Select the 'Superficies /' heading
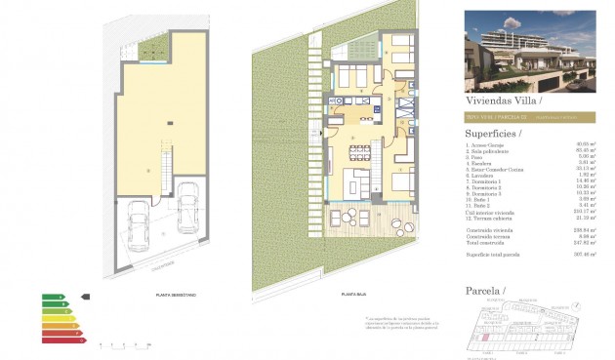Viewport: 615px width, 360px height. tap(494, 133)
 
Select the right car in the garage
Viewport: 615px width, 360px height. tap(189, 215)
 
